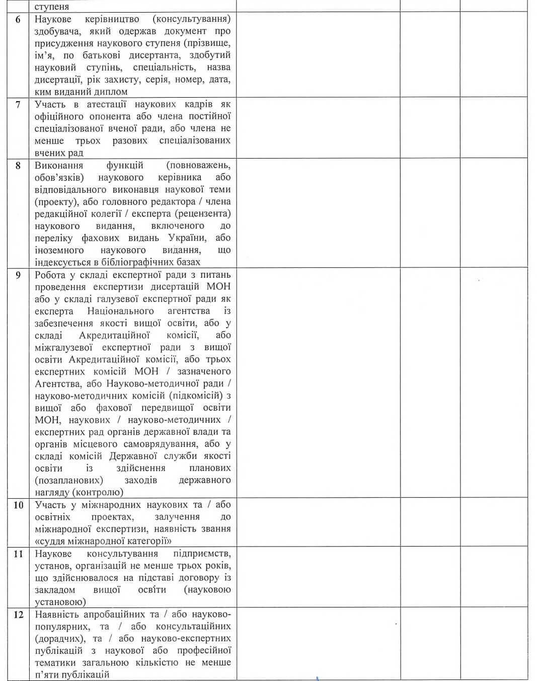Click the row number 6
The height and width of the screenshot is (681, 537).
[18, 20]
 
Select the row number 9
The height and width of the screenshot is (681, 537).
[18, 275]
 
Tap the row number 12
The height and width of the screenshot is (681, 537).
[18, 615]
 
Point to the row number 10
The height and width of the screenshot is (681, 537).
[18, 505]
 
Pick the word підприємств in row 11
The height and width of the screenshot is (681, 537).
[202, 554]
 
